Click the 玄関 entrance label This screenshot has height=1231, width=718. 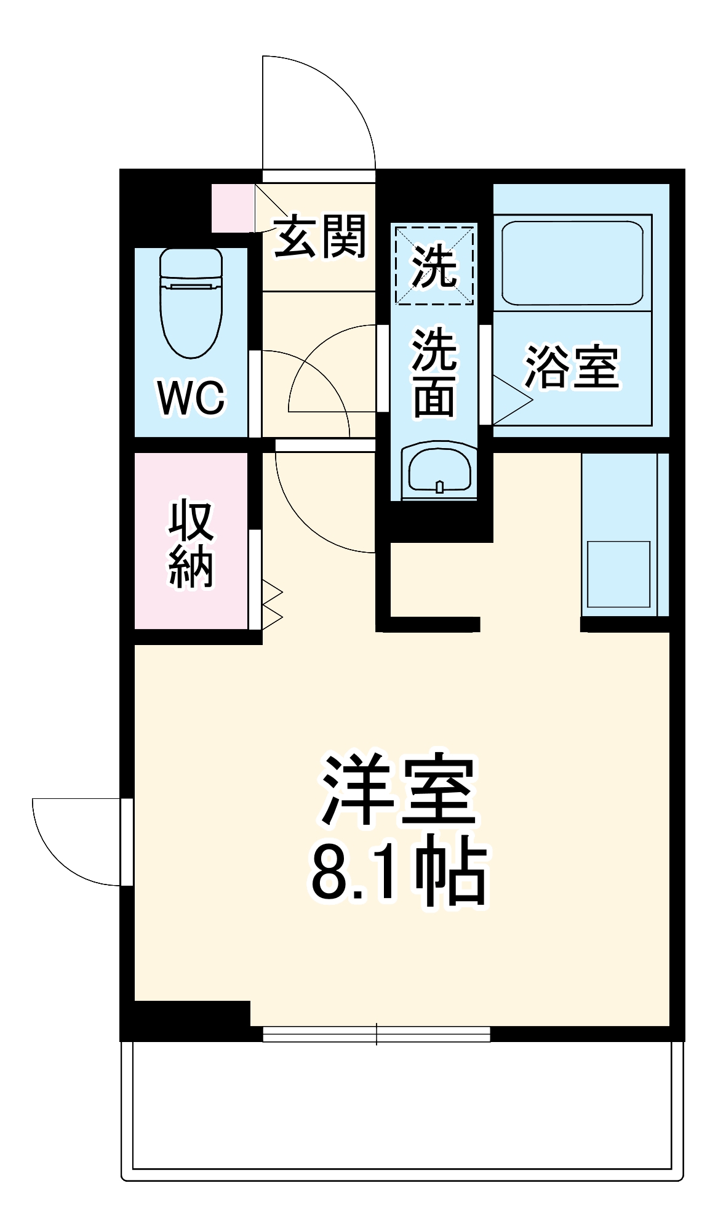point(320,236)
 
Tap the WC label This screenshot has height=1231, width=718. point(191,398)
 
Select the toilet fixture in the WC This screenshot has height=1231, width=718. point(191,305)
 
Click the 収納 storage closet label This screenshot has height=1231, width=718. point(191,544)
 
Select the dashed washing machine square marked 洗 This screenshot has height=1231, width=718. point(435,265)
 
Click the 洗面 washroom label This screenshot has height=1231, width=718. point(434,373)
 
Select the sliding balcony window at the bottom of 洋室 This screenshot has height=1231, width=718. point(377,1034)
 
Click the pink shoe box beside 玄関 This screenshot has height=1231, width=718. point(233,208)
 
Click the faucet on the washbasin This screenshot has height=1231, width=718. point(439,486)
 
